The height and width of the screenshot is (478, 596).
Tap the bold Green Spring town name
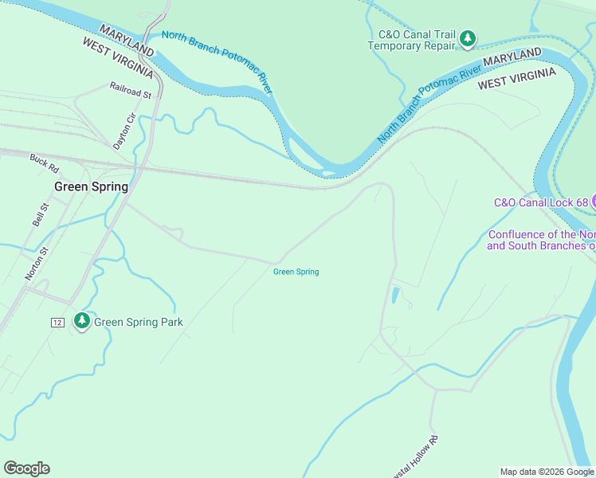91,187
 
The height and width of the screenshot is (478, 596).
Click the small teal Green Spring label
296,272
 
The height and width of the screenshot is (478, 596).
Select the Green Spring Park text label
139,323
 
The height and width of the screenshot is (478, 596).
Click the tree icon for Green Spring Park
81,321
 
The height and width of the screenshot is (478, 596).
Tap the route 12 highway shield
57,322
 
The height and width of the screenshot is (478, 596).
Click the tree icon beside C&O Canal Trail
468,37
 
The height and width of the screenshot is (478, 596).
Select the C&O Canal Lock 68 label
541,202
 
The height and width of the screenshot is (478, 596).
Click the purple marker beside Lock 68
594,202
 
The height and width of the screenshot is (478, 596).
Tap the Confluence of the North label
541,234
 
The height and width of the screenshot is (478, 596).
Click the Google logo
26,468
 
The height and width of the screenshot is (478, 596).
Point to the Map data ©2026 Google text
546,472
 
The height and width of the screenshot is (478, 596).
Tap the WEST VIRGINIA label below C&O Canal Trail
516,78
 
